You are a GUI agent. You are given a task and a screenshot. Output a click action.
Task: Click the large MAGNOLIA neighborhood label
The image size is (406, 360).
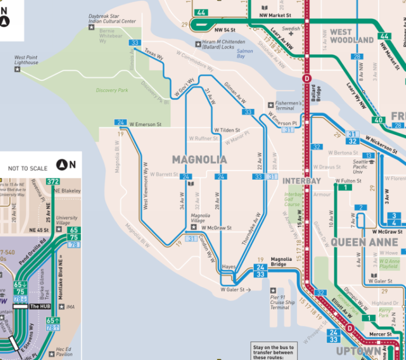(x=199, y=159)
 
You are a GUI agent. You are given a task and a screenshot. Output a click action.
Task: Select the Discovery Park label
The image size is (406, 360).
(x=112, y=90)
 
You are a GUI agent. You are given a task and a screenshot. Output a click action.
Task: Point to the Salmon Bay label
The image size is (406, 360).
(x=245, y=54)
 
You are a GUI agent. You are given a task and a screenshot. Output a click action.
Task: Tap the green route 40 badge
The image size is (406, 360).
(x=380, y=120)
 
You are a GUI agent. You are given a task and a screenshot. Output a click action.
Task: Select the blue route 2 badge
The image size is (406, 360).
(x=362, y=208)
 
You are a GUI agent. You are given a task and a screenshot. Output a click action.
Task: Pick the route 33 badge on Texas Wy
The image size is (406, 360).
(x=135, y=43)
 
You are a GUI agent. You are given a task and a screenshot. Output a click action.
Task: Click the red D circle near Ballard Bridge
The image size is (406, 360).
(x=307, y=78)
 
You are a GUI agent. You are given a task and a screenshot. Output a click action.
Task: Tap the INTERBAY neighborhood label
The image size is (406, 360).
(x=302, y=181)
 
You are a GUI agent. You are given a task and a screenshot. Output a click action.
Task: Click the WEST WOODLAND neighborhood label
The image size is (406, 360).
(x=352, y=36)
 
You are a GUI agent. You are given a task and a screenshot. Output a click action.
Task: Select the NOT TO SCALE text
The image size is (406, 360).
(x=28, y=168)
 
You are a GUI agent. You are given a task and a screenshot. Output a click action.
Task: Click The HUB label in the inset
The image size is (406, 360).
(x=40, y=306)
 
